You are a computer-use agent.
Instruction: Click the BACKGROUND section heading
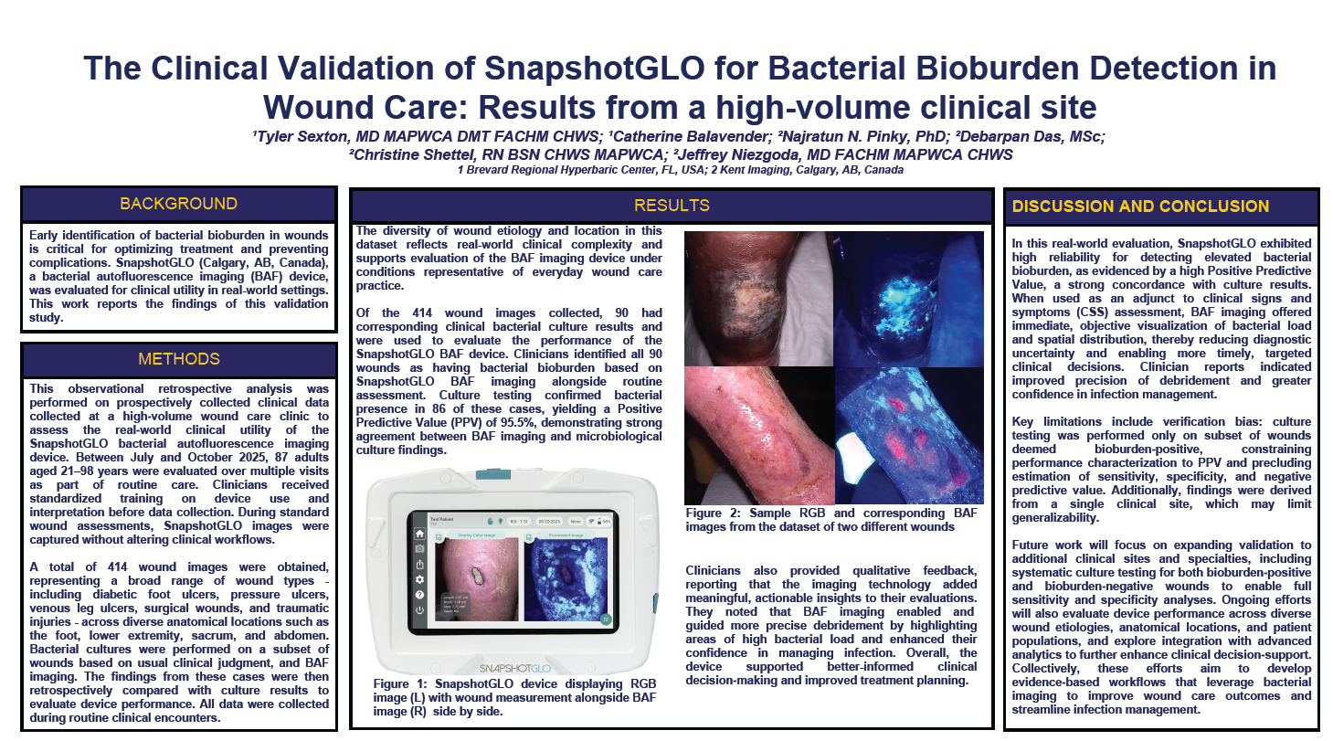coord(179,204)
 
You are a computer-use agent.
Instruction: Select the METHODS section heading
coord(179,359)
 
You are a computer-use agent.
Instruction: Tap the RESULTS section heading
coord(672,206)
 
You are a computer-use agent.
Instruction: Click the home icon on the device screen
coord(419,534)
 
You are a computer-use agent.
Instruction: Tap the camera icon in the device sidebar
coord(419,549)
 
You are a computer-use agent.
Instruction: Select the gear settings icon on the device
coord(419,579)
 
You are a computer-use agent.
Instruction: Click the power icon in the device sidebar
coord(419,609)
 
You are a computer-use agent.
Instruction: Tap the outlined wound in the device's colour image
coord(477,575)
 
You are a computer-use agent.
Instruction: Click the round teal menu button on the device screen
coord(605,619)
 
